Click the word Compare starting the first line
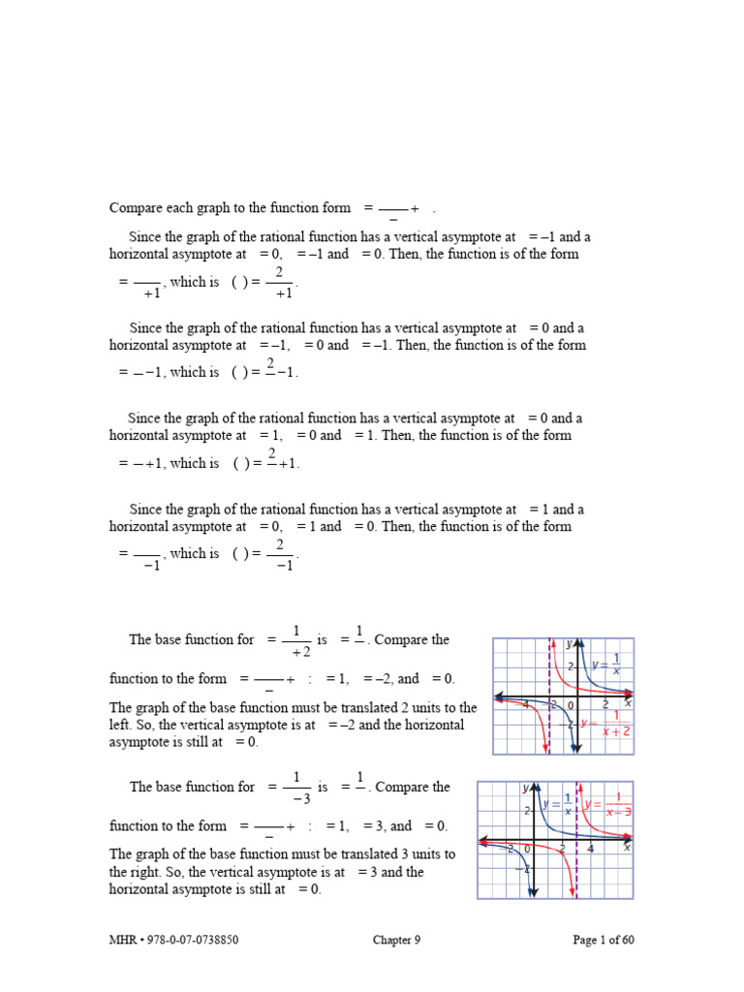tap(137, 208)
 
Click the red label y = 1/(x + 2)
tap(606, 723)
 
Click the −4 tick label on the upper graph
tap(524, 704)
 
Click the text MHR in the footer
tap(122, 940)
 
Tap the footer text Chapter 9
tap(396, 940)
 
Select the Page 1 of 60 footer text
tap(604, 940)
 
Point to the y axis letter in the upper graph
tap(569, 643)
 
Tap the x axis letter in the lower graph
tap(627, 848)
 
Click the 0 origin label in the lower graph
tap(527, 849)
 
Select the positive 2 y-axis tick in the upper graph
tap(571, 666)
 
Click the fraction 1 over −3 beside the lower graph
tap(296, 788)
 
